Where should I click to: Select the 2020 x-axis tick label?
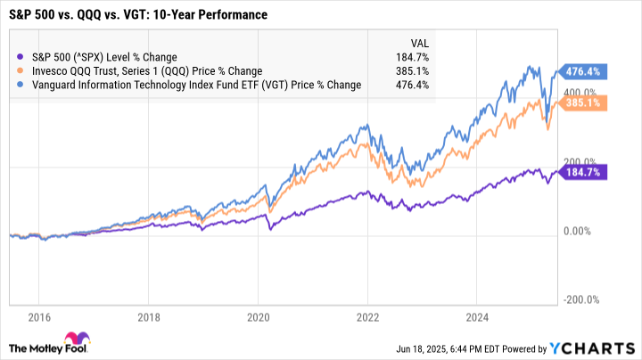(259, 316)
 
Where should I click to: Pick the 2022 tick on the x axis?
(368, 316)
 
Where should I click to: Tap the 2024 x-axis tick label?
(478, 316)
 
